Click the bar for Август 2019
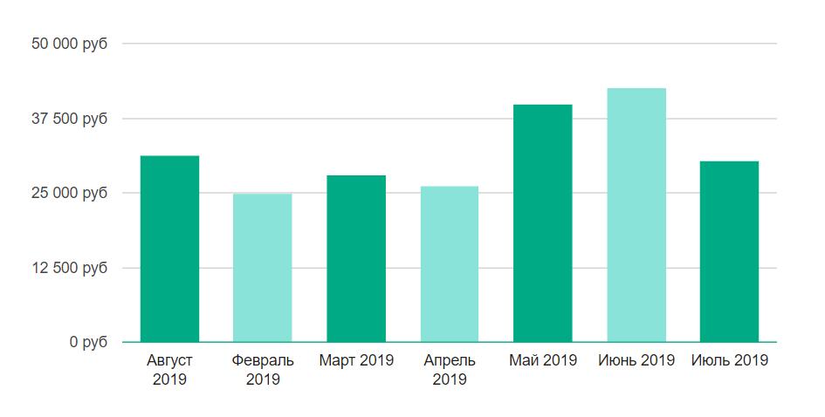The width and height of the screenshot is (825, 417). click(169, 249)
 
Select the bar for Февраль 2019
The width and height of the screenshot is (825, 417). click(263, 268)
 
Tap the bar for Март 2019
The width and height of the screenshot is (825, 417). click(356, 258)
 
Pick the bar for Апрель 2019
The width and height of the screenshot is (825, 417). click(450, 263)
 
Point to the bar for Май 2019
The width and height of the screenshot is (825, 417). click(543, 223)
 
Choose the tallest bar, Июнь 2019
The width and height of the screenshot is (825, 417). click(636, 215)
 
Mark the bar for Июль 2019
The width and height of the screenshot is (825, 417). click(730, 251)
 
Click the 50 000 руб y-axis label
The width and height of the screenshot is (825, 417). click(71, 44)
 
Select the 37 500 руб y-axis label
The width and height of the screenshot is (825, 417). click(71, 119)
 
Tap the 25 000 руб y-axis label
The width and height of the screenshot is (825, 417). click(71, 193)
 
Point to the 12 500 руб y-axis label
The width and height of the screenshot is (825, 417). click(71, 268)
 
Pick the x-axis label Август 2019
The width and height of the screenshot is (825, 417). click(169, 369)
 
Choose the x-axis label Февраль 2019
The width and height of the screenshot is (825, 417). click(263, 369)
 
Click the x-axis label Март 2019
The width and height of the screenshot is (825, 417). click(356, 360)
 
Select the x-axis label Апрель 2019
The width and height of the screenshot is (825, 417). click(450, 369)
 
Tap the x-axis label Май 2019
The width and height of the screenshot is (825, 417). click(543, 360)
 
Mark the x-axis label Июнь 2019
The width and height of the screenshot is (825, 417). click(636, 360)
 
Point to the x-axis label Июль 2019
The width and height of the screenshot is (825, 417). click(730, 360)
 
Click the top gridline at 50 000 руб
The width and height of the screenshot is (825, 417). click(450, 44)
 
